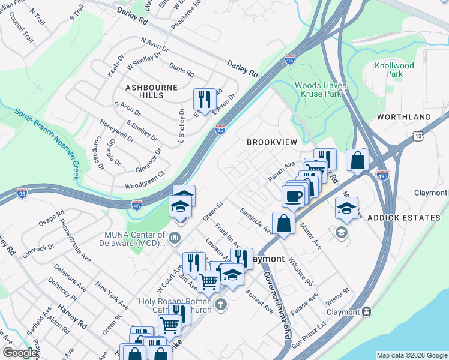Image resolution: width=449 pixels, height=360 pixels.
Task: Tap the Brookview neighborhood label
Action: (x=272, y=142)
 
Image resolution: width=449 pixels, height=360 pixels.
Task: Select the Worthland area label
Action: (x=404, y=116)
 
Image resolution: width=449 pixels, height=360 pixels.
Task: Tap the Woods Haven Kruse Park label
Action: (x=318, y=89)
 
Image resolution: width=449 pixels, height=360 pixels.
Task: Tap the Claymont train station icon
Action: (x=366, y=311)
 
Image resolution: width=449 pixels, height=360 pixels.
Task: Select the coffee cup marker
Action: (x=293, y=196)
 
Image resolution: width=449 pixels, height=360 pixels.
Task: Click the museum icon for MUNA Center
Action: (x=175, y=238)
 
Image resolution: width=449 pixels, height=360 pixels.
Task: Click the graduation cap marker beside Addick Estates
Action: (x=346, y=208)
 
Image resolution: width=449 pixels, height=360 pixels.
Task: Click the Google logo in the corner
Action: (x=20, y=353)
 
